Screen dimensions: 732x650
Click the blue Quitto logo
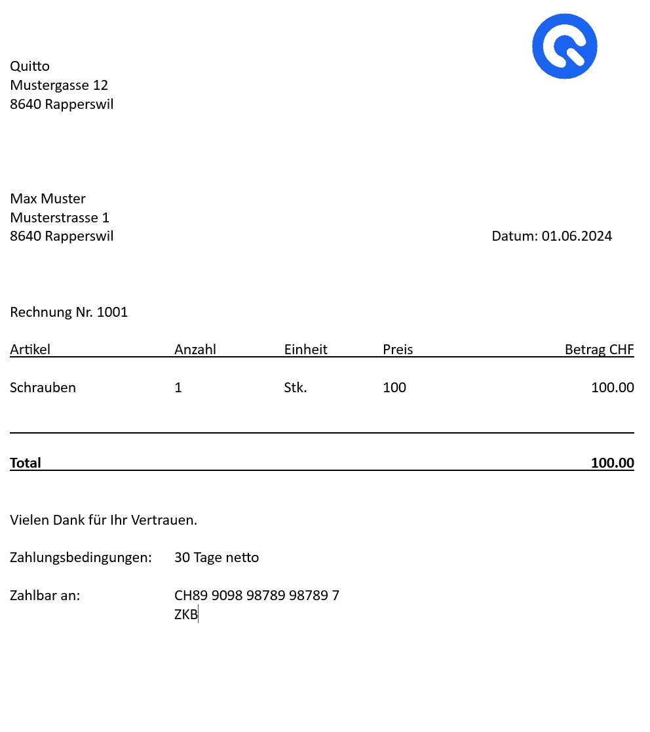pos(564,46)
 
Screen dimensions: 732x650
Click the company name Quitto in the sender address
pos(29,66)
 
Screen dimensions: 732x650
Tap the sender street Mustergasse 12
pos(59,85)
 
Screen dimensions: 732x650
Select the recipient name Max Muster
pos(48,199)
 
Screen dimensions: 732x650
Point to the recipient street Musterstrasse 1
pos(60,218)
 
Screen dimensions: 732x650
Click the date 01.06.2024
pos(577,236)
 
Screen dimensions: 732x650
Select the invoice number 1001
pos(112,312)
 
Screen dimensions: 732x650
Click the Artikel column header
pos(30,350)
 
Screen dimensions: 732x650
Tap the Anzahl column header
pos(195,350)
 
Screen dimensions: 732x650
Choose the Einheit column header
pos(305,350)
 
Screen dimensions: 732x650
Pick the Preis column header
pos(398,350)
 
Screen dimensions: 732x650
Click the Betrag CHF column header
pos(599,350)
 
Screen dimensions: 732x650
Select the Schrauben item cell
pos(43,388)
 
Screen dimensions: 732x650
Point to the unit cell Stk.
pos(296,388)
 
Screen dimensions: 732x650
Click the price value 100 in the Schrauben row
pos(394,388)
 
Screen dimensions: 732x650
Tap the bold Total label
pos(26,463)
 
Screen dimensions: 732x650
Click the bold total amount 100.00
pos(612,463)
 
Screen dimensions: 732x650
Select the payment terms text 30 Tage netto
pos(216,558)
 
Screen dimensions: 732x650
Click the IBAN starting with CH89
pos(257,596)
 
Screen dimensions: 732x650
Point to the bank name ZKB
pos(186,615)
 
